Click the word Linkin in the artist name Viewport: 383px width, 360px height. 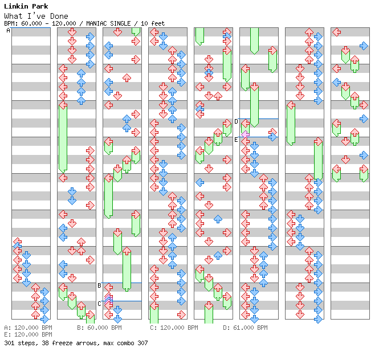tap(16, 6)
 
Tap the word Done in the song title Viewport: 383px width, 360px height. tap(59, 16)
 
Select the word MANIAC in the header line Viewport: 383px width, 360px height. tap(96, 23)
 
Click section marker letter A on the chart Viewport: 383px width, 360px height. tap(8, 31)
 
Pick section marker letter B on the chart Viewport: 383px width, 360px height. tap(99, 285)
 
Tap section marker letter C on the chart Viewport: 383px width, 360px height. tap(99, 304)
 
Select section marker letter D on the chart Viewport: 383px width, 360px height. tap(236, 121)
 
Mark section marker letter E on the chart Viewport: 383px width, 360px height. tap(236, 140)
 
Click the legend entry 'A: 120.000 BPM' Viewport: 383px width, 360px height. tap(28, 328)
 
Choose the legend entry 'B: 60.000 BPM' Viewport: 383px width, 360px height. tap(99, 328)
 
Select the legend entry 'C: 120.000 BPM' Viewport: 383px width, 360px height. tap(174, 328)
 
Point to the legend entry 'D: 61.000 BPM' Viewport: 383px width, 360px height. tap(245, 328)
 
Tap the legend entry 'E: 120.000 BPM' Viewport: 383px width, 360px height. tap(28, 334)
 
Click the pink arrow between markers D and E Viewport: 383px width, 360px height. tap(245, 134)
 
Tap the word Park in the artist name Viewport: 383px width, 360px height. tap(40, 6)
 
